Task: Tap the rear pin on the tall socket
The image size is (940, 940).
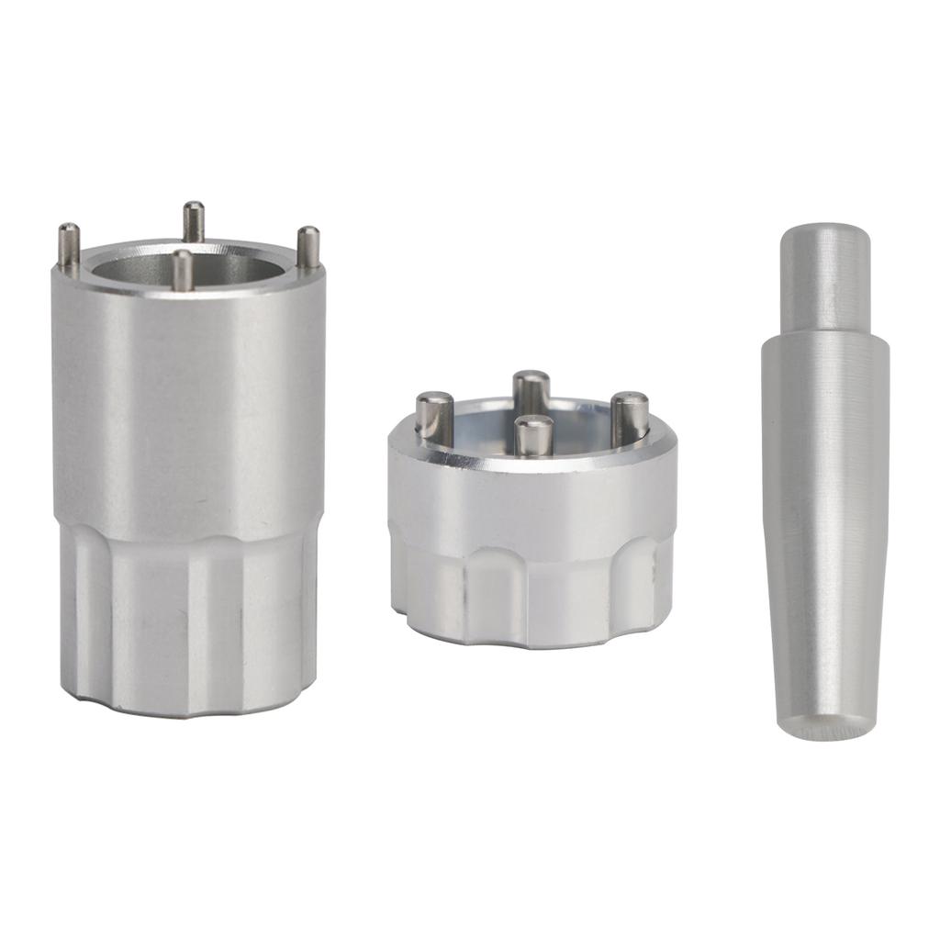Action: click(193, 220)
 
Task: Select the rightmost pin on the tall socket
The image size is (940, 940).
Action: click(309, 246)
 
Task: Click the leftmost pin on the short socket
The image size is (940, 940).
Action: click(433, 417)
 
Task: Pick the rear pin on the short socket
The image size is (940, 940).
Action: click(531, 391)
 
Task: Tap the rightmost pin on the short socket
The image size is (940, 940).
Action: click(630, 417)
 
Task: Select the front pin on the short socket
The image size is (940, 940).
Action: click(533, 435)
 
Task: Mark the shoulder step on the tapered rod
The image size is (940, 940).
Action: click(823, 334)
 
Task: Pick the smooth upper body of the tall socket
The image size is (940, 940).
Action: click(188, 404)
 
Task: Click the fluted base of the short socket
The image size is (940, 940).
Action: click(532, 592)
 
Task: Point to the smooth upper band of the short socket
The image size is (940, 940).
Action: click(532, 500)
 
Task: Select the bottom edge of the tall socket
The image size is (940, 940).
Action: click(188, 711)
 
